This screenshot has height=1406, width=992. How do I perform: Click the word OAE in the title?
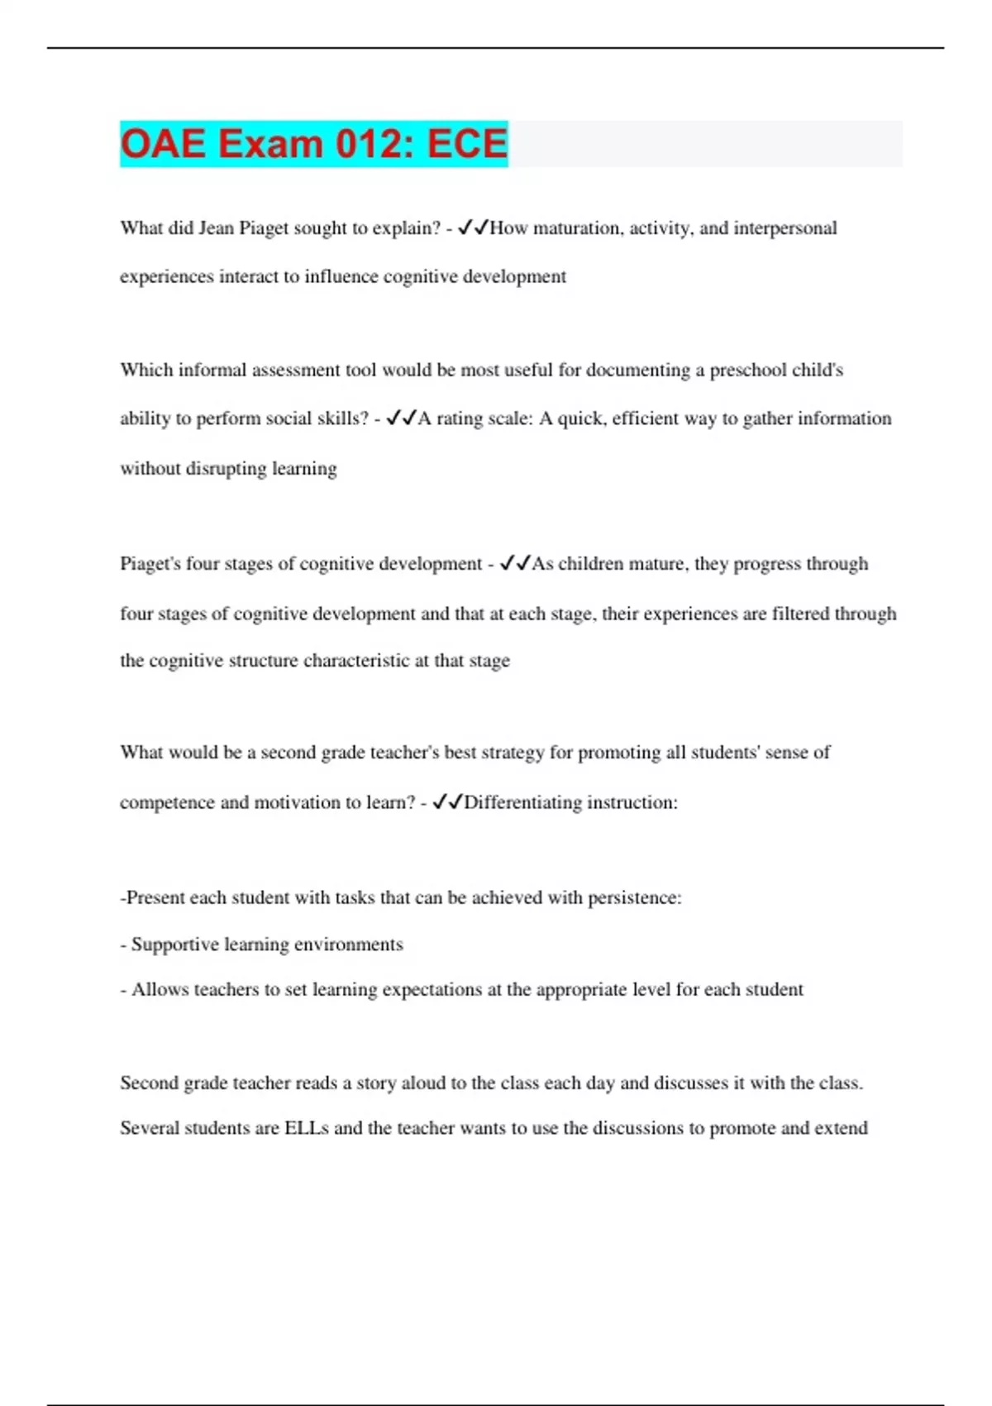[163, 144]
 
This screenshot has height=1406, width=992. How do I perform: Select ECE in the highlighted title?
[467, 144]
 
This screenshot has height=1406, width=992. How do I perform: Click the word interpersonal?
[785, 228]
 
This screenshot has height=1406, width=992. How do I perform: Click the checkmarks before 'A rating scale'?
[401, 418]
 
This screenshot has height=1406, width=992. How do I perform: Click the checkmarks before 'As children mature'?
[515, 564]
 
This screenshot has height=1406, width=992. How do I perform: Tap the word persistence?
[634, 898]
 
